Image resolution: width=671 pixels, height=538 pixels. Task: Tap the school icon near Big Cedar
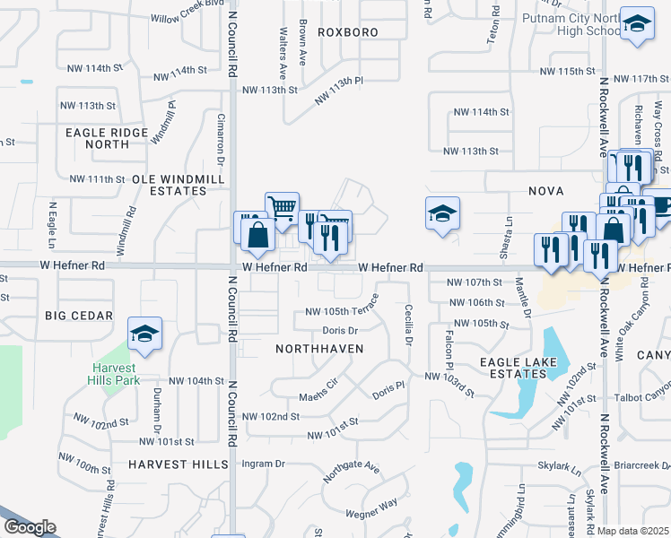tap(144, 334)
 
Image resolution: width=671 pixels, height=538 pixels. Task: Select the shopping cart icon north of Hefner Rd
tap(282, 208)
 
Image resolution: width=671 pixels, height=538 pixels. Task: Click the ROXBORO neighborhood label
tap(341, 32)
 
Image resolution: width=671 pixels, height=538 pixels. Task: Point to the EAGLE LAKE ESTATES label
tap(518, 368)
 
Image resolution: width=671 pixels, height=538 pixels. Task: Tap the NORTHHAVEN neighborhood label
tap(312, 347)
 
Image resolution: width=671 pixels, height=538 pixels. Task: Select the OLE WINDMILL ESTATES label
tap(170, 185)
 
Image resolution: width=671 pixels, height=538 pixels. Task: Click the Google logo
tap(30, 527)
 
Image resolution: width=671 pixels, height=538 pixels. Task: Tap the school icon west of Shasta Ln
tap(442, 213)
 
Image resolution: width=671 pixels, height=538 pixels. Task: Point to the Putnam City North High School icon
tap(637, 24)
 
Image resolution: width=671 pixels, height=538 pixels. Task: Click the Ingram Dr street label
tap(263, 464)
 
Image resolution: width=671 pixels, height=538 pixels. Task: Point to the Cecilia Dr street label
tap(408, 325)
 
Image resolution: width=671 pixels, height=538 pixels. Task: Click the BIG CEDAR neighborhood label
tap(80, 316)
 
